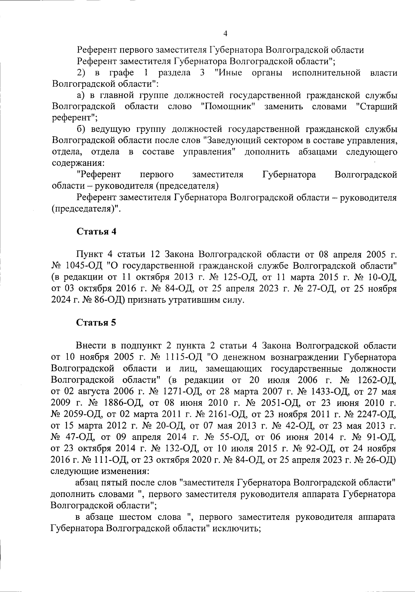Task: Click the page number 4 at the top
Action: click(x=225, y=34)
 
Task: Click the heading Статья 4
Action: click(x=96, y=232)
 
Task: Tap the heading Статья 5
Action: click(x=96, y=323)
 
